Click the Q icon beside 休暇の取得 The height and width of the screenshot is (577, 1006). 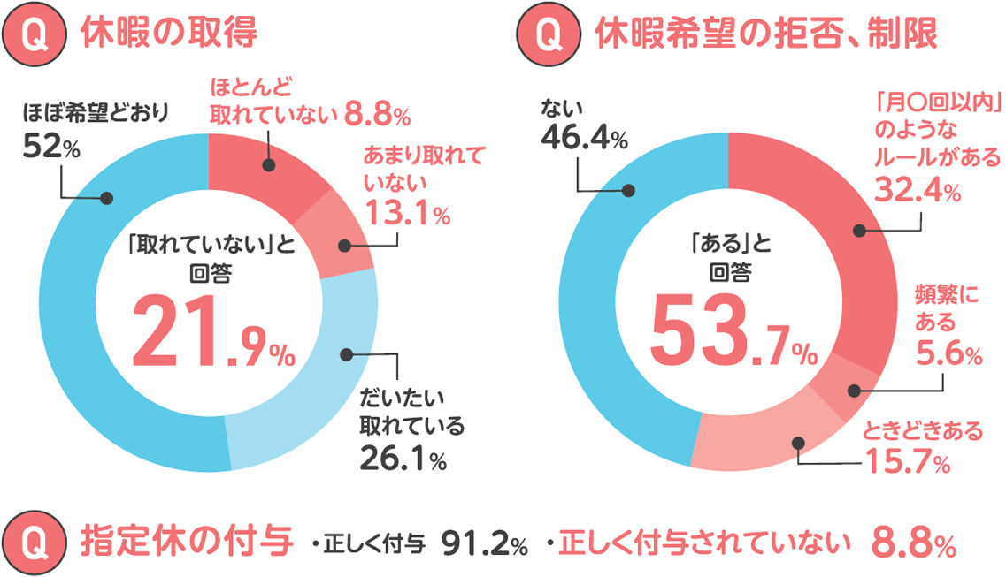click(36, 34)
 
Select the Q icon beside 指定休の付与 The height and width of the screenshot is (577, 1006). click(36, 542)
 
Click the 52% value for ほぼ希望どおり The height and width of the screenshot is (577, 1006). click(50, 148)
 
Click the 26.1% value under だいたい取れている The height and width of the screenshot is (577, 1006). click(403, 458)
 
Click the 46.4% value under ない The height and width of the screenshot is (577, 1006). click(583, 140)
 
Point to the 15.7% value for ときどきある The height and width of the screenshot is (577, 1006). click(907, 461)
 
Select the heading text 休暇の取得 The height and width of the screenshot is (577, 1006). click(168, 34)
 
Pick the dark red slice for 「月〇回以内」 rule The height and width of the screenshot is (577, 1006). click(841, 230)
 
